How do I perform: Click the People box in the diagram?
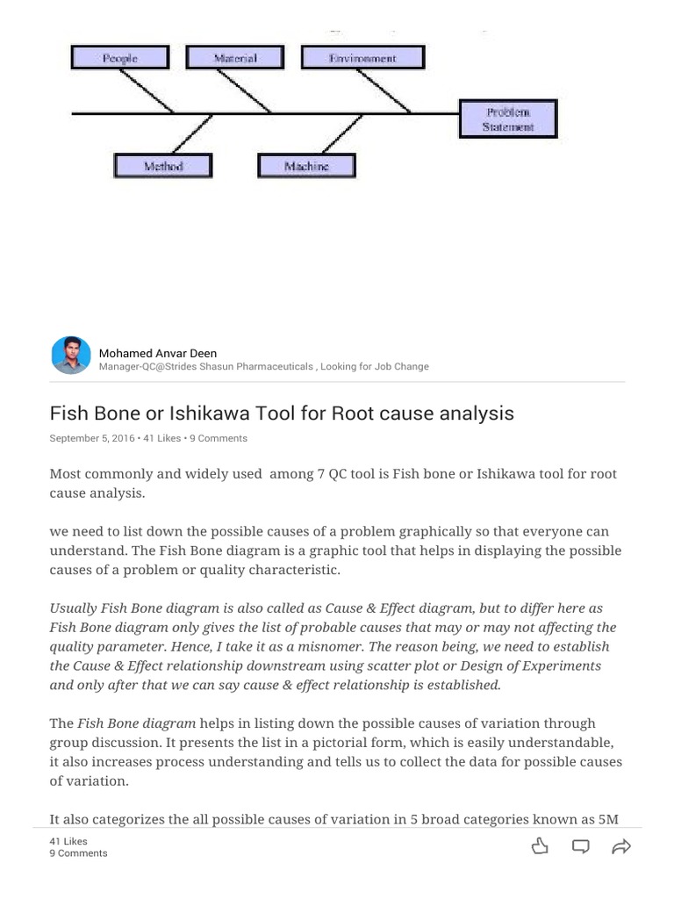click(x=119, y=58)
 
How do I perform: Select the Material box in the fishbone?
click(x=235, y=58)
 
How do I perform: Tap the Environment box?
click(x=362, y=58)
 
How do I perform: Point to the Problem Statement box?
click(x=507, y=119)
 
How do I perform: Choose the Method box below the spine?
click(x=163, y=166)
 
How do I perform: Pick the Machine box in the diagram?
click(x=306, y=166)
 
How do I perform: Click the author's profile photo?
click(x=70, y=355)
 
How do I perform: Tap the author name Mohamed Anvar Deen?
click(x=158, y=353)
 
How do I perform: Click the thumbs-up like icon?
click(x=540, y=846)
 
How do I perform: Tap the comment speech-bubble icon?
click(x=580, y=846)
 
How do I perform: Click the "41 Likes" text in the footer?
click(x=68, y=841)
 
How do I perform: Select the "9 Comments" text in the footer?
click(x=78, y=853)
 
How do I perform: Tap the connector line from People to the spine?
click(x=149, y=91)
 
